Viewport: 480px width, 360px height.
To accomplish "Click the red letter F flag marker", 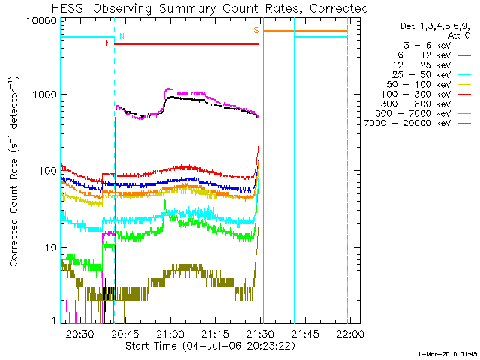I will coord(107,43).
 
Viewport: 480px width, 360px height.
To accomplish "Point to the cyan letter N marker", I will coord(122,36).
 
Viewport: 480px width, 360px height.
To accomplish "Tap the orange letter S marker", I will coord(256,31).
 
